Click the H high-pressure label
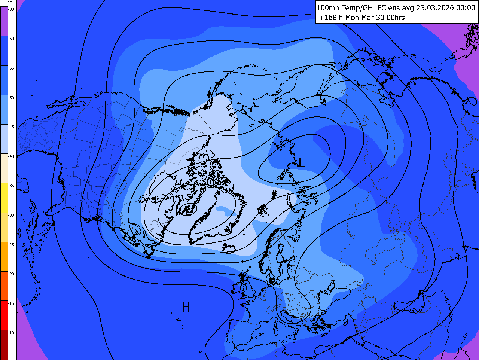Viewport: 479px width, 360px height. tap(186, 307)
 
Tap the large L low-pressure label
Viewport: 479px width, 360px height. tap(301, 162)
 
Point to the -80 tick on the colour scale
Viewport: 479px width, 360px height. tap(12, 9)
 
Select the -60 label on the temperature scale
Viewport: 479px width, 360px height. tap(12, 39)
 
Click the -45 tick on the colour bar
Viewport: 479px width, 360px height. tap(12, 127)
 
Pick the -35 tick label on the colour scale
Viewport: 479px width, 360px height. tap(12, 186)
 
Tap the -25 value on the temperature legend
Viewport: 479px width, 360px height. tap(12, 245)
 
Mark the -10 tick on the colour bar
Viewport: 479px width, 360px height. tap(12, 333)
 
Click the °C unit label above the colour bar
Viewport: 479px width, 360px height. tap(10, 3)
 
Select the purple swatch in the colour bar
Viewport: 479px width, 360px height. tap(4, 22)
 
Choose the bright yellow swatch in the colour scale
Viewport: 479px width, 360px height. tap(4, 198)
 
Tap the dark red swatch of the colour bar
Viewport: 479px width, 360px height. tap(4, 345)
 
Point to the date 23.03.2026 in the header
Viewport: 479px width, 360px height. tap(434, 8)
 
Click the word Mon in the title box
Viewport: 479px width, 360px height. tap(352, 18)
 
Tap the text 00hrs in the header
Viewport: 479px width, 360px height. tap(396, 18)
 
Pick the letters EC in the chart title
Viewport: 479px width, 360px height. tap(382, 8)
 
